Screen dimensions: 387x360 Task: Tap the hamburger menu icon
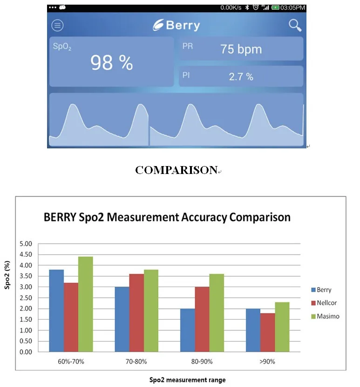[57, 26]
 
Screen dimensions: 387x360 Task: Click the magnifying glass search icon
[295, 25]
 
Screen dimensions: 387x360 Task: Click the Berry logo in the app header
[177, 26]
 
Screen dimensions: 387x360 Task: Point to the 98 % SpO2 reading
[111, 62]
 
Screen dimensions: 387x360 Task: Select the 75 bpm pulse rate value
[241, 49]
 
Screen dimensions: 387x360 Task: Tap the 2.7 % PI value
[241, 77]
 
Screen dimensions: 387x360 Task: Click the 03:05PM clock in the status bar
[292, 8]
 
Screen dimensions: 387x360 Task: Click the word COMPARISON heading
[177, 170]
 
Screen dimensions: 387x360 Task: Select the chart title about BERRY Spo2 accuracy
[167, 217]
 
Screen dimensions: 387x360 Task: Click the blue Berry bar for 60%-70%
[56, 311]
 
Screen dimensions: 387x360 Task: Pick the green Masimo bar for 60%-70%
[86, 304]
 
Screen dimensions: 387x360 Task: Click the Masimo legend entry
[325, 316]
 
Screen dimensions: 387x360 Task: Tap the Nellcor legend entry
[325, 303]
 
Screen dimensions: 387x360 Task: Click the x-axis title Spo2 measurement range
[187, 380]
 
